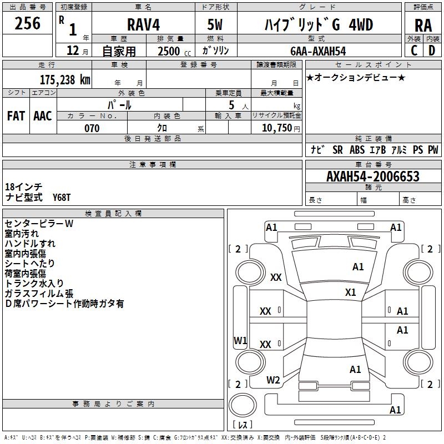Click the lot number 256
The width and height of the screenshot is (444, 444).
(28, 24)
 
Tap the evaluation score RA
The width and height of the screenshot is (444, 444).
(423, 26)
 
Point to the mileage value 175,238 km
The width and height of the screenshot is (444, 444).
(64, 79)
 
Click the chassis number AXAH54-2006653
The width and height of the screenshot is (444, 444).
(373, 176)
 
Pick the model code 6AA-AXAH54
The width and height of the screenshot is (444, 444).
(317, 51)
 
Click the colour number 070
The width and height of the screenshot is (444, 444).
(92, 128)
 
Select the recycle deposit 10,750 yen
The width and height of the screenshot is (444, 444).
(276, 128)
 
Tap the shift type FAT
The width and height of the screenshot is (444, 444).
(16, 115)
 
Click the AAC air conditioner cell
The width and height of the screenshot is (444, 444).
(43, 115)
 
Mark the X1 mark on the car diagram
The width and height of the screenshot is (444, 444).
(350, 292)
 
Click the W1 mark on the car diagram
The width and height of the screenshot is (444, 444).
(240, 340)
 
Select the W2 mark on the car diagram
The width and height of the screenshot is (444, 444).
(273, 380)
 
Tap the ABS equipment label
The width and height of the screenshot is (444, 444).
(357, 150)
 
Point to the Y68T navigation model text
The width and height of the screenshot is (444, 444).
(62, 198)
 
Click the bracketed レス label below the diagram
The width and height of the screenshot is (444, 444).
(243, 425)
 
